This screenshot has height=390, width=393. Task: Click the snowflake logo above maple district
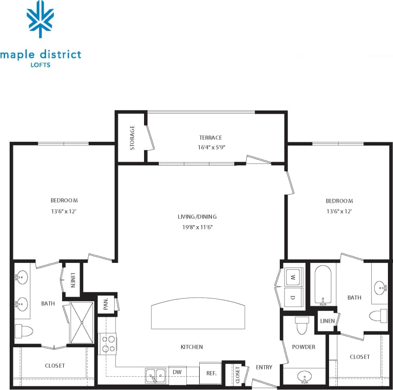click(x=40, y=18)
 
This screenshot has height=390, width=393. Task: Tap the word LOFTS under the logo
click(x=40, y=65)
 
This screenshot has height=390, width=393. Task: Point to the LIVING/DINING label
click(x=197, y=216)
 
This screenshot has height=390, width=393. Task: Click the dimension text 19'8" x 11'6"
click(x=197, y=227)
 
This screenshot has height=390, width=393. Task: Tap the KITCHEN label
click(x=192, y=347)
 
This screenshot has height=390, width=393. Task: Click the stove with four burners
click(x=108, y=343)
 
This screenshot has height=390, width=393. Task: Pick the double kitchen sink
click(x=156, y=375)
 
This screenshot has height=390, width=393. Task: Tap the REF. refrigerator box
click(x=211, y=373)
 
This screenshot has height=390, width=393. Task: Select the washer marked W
click(x=293, y=278)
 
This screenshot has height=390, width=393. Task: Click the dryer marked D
click(x=293, y=297)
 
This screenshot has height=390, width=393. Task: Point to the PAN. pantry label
click(x=106, y=304)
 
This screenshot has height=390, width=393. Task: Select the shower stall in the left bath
click(x=81, y=323)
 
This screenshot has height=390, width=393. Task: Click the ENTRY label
click(x=264, y=367)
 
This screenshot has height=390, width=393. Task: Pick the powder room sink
click(x=303, y=378)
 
